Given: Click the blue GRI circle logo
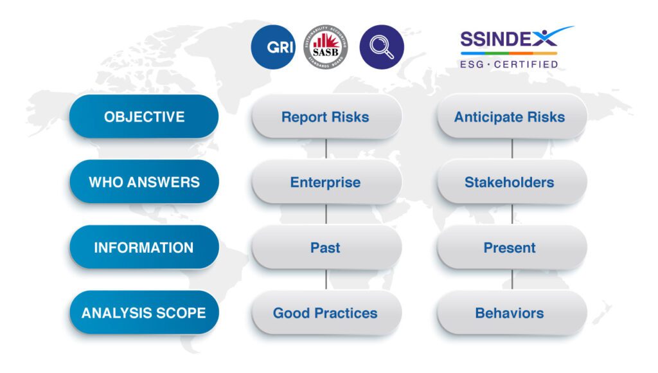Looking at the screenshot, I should pyautogui.click(x=273, y=47).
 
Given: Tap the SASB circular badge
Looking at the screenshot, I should pyautogui.click(x=326, y=47).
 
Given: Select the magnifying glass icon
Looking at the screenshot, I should pyautogui.click(x=382, y=47).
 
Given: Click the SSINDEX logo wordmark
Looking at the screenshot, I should pyautogui.click(x=509, y=40).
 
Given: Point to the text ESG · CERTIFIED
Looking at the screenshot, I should pyautogui.click(x=509, y=64).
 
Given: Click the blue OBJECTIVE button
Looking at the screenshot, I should pyautogui.click(x=144, y=117).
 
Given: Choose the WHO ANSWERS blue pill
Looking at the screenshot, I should pyautogui.click(x=144, y=182).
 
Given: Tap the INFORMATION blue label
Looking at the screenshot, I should pyautogui.click(x=144, y=248).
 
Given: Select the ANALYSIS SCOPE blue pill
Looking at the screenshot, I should pyautogui.click(x=144, y=313).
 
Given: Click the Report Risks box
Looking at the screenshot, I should pyautogui.click(x=326, y=117).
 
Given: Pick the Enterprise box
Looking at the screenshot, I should pyautogui.click(x=326, y=182).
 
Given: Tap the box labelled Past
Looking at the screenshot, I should pyautogui.click(x=326, y=248).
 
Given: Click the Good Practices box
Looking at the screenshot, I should pyautogui.click(x=326, y=313).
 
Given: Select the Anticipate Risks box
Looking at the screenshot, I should pyautogui.click(x=511, y=117).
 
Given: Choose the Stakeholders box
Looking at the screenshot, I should pyautogui.click(x=511, y=182).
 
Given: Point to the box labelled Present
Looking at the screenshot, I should pyautogui.click(x=511, y=248).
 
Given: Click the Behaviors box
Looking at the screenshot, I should pyautogui.click(x=511, y=313).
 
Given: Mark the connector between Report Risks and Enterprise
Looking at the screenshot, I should pyautogui.click(x=326, y=149).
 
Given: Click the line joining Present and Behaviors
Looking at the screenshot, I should pyautogui.click(x=512, y=280).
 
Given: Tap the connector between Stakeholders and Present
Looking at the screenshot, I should pyautogui.click(x=512, y=214).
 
